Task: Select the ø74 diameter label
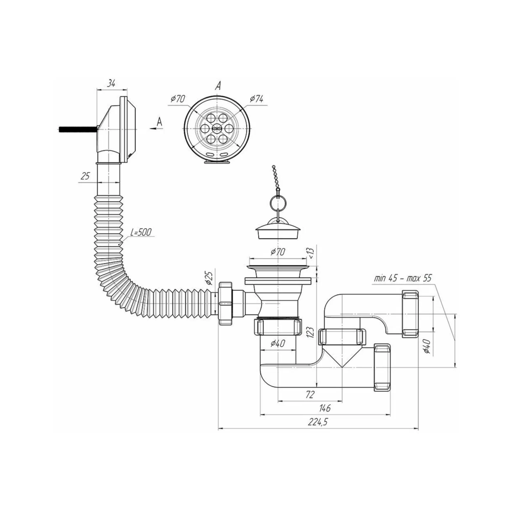pyautogui.click(x=256, y=99)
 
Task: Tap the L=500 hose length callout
pyautogui.click(x=141, y=232)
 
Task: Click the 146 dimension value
pyautogui.click(x=325, y=408)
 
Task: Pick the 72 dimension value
pyautogui.click(x=310, y=394)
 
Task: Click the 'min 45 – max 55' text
pyautogui.click(x=402, y=278)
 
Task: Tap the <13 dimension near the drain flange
pyautogui.click(x=311, y=253)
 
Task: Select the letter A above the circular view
pyautogui.click(x=218, y=85)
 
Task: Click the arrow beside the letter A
pyautogui.click(x=156, y=128)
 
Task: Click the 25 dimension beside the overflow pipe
pyautogui.click(x=85, y=176)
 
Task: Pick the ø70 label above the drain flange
pyautogui.click(x=278, y=251)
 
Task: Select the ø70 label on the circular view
pyautogui.click(x=178, y=99)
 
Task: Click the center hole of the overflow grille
pyautogui.click(x=218, y=128)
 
